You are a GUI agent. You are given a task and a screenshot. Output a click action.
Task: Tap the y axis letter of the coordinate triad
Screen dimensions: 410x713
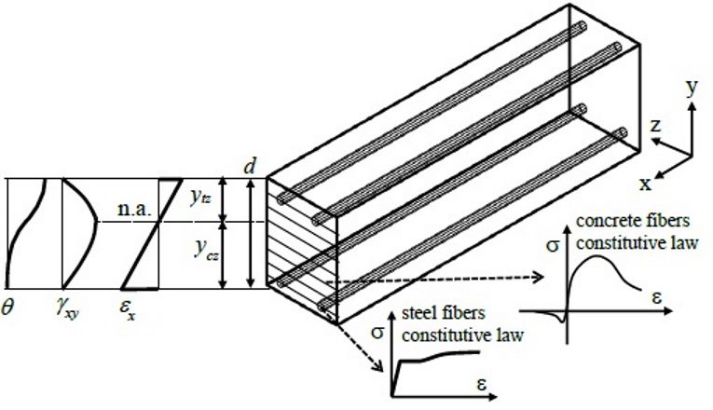click(692, 89)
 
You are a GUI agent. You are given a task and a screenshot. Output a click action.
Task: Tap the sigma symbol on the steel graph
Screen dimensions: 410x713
click(377, 332)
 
